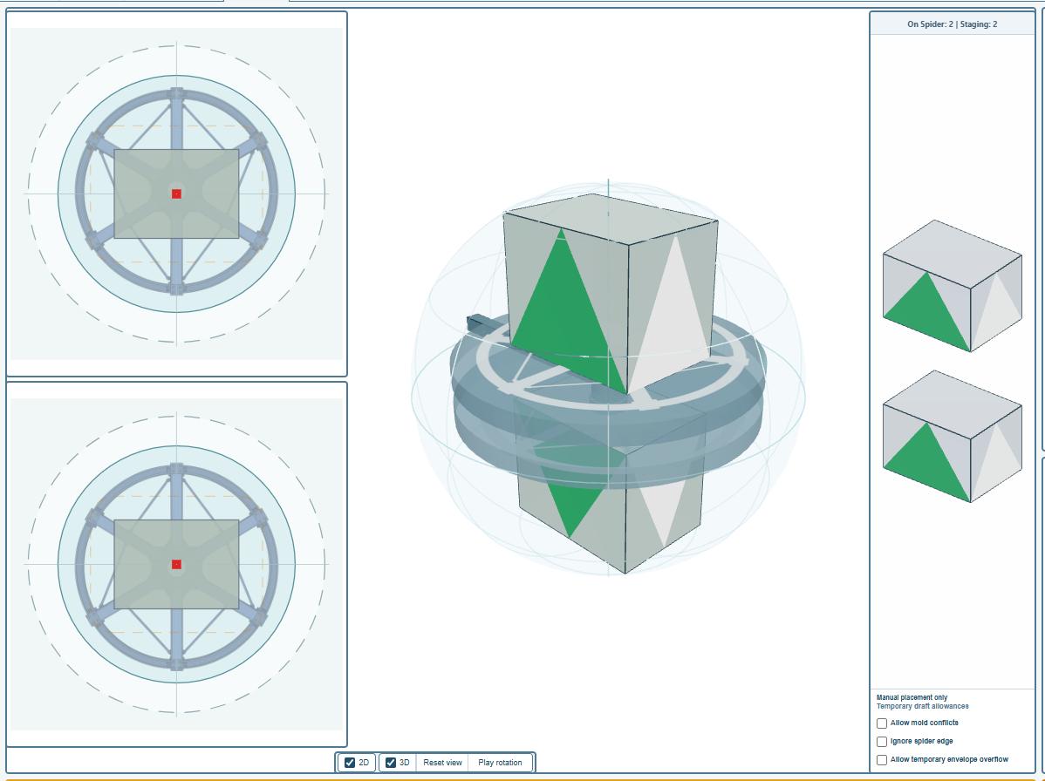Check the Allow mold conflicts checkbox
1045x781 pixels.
(882, 723)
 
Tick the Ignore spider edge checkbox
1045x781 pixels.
(882, 742)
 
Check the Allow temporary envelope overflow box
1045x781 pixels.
(882, 760)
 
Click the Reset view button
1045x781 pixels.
(442, 763)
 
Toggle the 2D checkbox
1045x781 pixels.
(350, 763)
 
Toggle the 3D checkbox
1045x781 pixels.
(391, 763)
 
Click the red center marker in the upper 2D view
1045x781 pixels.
(176, 194)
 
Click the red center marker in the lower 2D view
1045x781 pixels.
(176, 565)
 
